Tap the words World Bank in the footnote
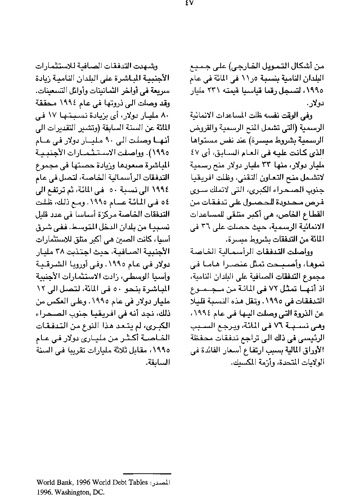[x=50, y=482]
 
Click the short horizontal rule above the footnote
[x=147, y=474]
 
